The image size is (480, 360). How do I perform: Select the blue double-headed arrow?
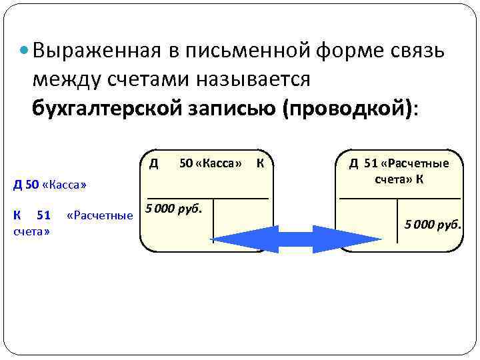tap(277, 239)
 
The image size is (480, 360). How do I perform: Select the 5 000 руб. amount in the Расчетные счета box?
tap(433, 225)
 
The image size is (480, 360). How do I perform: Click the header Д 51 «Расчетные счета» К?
tap(399, 172)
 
